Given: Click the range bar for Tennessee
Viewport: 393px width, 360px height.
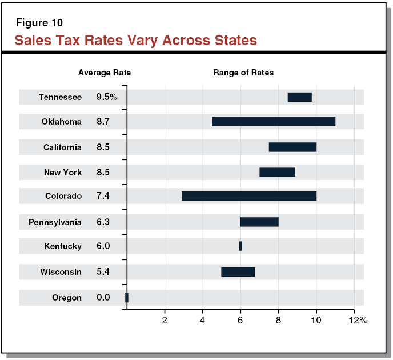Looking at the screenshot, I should tap(299, 97).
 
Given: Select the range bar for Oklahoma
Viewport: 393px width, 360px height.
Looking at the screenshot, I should tap(273, 121).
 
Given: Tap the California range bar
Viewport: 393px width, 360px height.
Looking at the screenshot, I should tap(292, 147).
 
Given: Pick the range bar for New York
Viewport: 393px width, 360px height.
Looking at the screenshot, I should tap(277, 172).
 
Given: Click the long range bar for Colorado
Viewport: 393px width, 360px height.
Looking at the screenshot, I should tap(249, 196).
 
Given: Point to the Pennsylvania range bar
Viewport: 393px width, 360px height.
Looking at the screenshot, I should tap(259, 222).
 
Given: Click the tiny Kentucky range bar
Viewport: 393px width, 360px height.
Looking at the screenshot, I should tap(240, 246).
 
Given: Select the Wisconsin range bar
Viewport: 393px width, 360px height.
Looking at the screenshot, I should tap(238, 271).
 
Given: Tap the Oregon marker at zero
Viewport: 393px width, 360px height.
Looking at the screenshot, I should tap(127, 298).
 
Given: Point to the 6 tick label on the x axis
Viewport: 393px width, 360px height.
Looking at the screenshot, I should tap(240, 320).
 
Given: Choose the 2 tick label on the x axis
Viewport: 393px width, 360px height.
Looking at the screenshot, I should tap(165, 320).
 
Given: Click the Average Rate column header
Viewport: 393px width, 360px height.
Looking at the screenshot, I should tap(105, 73).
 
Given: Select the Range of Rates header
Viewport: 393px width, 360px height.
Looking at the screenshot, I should tap(243, 73).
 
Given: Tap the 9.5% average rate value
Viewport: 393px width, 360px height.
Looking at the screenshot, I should tap(106, 97).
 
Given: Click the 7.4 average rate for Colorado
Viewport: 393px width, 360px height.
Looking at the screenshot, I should tap(103, 196).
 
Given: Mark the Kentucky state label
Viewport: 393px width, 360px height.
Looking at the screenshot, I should tap(63, 246).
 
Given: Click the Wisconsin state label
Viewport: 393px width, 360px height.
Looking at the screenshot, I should tap(61, 272).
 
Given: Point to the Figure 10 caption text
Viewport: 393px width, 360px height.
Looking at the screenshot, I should tap(39, 23).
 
